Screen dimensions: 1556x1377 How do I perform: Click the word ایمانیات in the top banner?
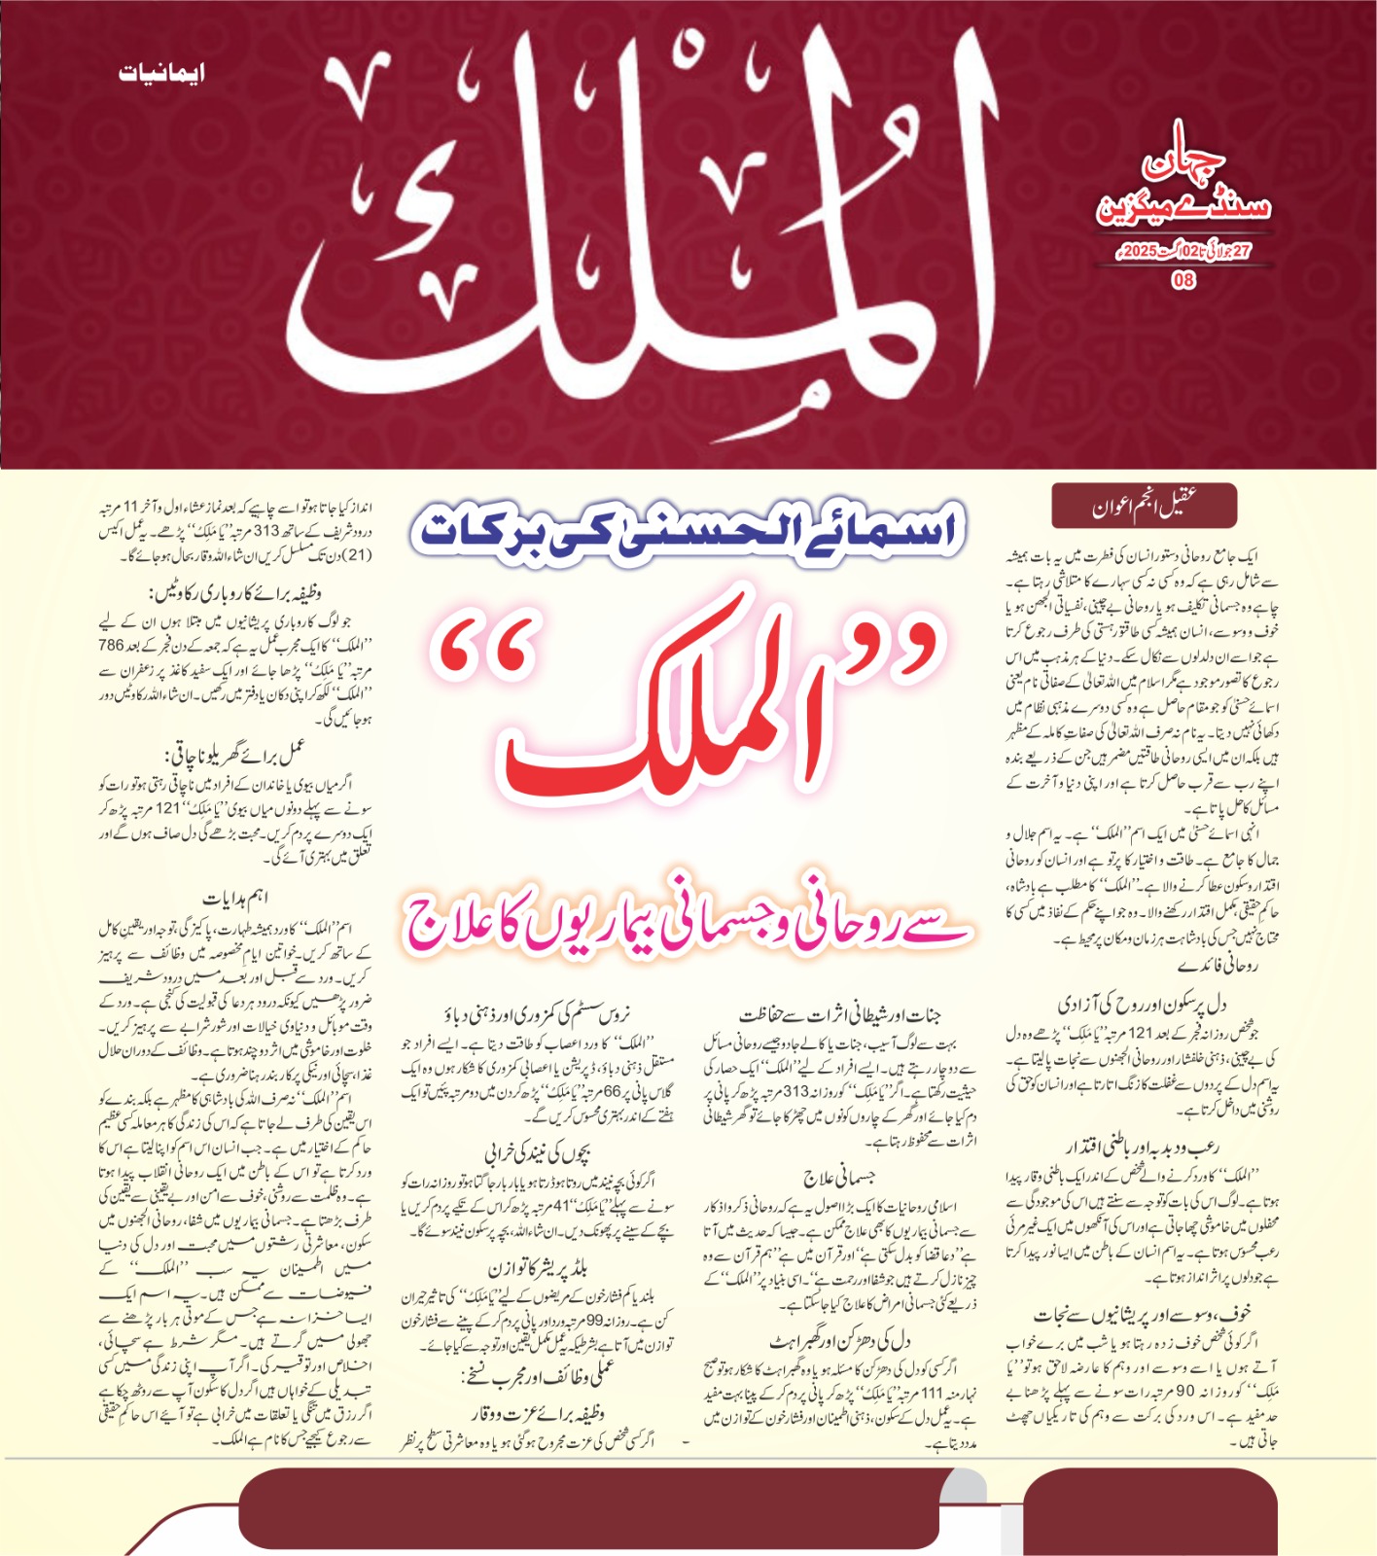pyautogui.click(x=161, y=73)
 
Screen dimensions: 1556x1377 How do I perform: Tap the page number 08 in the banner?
pyautogui.click(x=1183, y=280)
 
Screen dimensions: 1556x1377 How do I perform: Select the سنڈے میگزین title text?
pyautogui.click(x=1183, y=206)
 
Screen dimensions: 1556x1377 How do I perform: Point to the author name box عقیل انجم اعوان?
pyautogui.click(x=1144, y=506)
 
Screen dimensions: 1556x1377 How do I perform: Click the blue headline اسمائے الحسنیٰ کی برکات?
pyautogui.click(x=688, y=530)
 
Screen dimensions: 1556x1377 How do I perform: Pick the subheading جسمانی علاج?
pyautogui.click(x=839, y=1179)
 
